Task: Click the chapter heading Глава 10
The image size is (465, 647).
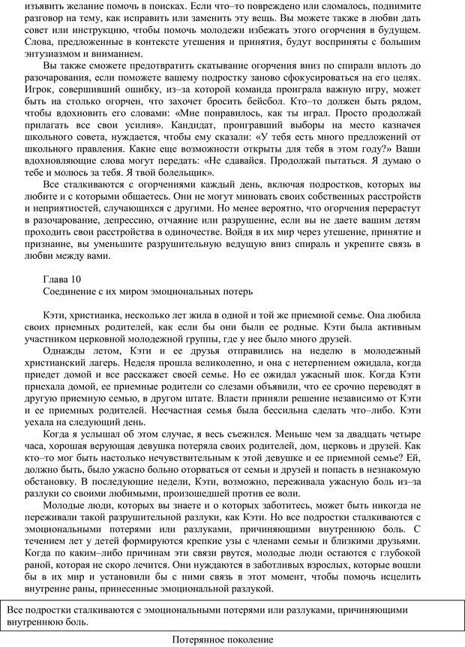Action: (x=65, y=278)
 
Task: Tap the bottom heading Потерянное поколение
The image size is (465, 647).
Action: (x=222, y=639)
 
